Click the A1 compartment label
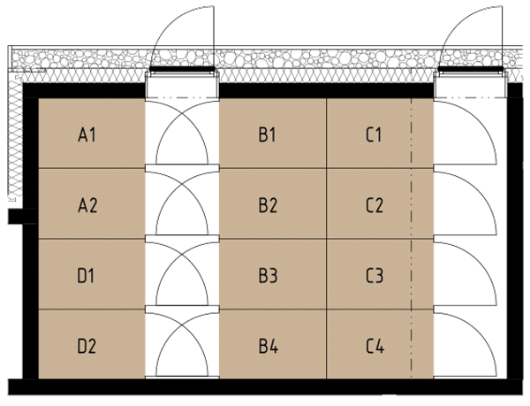pyautogui.click(x=87, y=134)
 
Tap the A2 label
pyautogui.click(x=87, y=205)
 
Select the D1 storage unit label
pyautogui.click(x=87, y=275)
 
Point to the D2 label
pyautogui.click(x=87, y=346)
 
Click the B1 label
pyautogui.click(x=268, y=134)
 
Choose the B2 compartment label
pyautogui.click(x=268, y=205)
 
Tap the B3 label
pyautogui.click(x=268, y=275)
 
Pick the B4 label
pyautogui.click(x=269, y=346)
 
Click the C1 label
pyautogui.click(x=374, y=134)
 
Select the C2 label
pyautogui.click(x=375, y=205)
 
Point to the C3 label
pyautogui.click(x=375, y=275)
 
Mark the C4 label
pyautogui.click(x=375, y=346)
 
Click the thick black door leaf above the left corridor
pyautogui.click(x=182, y=69)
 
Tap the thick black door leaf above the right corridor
pyautogui.click(x=471, y=69)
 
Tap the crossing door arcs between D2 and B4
pyautogui.click(x=182, y=326)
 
